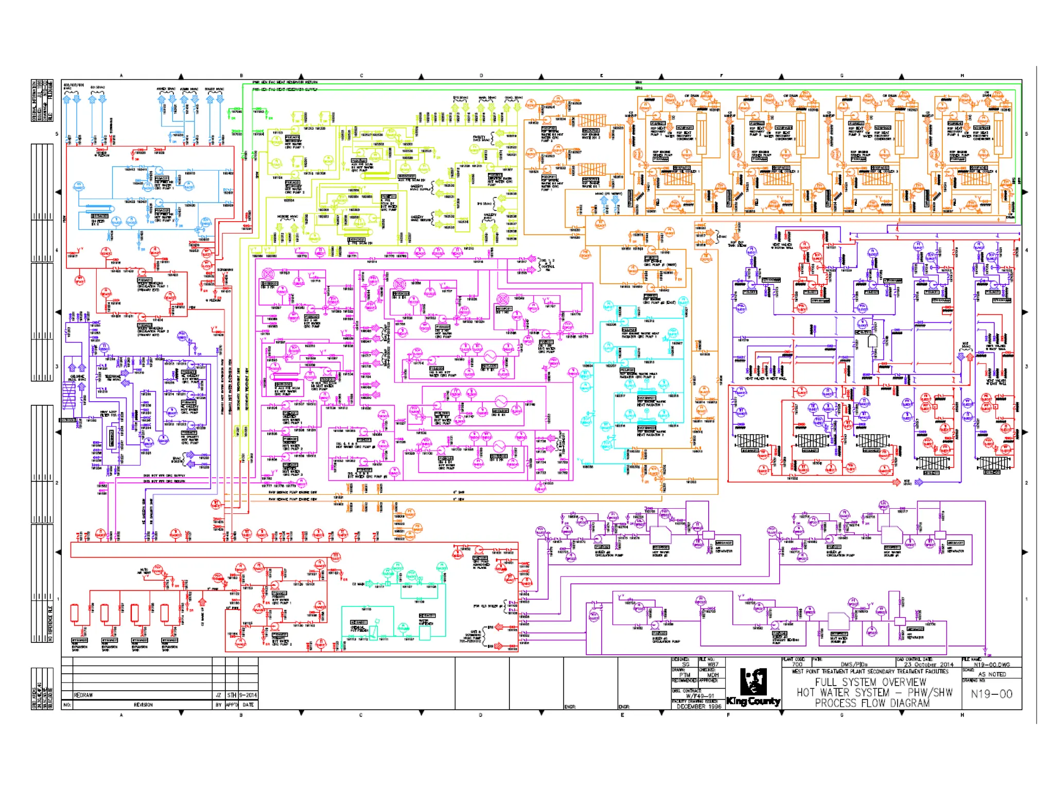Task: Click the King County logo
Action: click(753, 687)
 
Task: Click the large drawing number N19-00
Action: click(991, 694)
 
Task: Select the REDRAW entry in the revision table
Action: click(83, 695)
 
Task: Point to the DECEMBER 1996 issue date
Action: click(699, 707)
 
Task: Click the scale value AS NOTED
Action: click(992, 674)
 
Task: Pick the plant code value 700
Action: click(797, 665)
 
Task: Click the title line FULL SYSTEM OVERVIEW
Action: click(870, 682)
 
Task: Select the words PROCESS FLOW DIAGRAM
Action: click(872, 703)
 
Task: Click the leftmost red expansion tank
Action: click(75, 613)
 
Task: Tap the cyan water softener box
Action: click(425, 632)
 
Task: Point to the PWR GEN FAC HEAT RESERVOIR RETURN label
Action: click(285, 82)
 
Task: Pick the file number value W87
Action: click(713, 665)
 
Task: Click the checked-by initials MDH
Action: click(712, 675)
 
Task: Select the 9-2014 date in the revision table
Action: click(248, 695)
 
